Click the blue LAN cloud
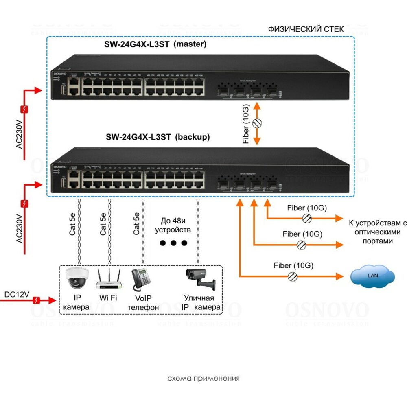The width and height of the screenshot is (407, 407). coord(372,276)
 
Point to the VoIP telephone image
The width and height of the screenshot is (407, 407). coord(140,279)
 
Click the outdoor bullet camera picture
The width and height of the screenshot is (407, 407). coord(199,279)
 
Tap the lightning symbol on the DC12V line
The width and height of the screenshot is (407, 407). coord(37,300)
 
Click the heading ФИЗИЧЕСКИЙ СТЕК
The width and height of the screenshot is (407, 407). coord(306,29)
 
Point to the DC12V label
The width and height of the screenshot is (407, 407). coord(16,294)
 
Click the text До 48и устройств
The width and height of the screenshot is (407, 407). coord(173,225)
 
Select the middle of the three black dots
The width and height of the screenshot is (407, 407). coord(173,243)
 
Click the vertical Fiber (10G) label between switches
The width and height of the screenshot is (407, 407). coord(246,130)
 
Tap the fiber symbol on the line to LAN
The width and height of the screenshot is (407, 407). coord(292,276)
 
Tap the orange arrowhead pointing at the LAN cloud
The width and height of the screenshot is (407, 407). coord(340,276)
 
